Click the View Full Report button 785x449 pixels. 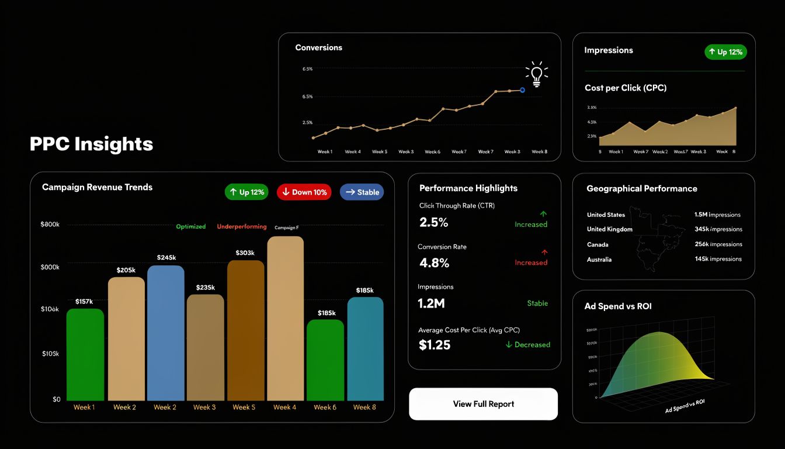click(483, 404)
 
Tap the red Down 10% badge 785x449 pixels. click(304, 192)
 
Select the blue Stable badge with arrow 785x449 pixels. click(362, 192)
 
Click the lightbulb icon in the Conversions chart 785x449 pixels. click(536, 74)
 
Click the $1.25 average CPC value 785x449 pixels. click(435, 345)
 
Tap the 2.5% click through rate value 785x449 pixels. click(434, 223)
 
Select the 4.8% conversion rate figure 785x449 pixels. click(435, 263)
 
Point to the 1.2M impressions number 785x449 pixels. click(432, 303)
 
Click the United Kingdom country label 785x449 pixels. click(609, 229)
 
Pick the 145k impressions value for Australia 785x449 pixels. click(718, 259)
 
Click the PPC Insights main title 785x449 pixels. click(91, 144)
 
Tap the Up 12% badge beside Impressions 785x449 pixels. click(725, 52)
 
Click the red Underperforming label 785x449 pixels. click(241, 227)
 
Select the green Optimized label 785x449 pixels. click(191, 227)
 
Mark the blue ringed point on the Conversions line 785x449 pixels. click(522, 90)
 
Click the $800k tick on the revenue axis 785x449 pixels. click(50, 224)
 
